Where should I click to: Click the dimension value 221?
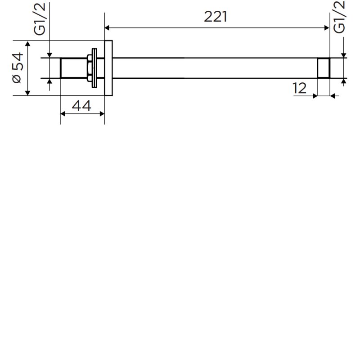tap(216, 17)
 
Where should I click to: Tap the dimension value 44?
tap(81, 106)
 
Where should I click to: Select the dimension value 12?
tap(300, 88)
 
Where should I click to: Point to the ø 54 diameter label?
tap(18, 68)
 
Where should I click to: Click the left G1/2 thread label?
tap(40, 19)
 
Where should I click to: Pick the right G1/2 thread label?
tap(339, 17)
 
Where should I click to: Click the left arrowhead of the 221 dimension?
tap(107, 28)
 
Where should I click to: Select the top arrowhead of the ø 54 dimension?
tap(27, 43)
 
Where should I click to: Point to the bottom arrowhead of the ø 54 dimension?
tap(27, 93)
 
